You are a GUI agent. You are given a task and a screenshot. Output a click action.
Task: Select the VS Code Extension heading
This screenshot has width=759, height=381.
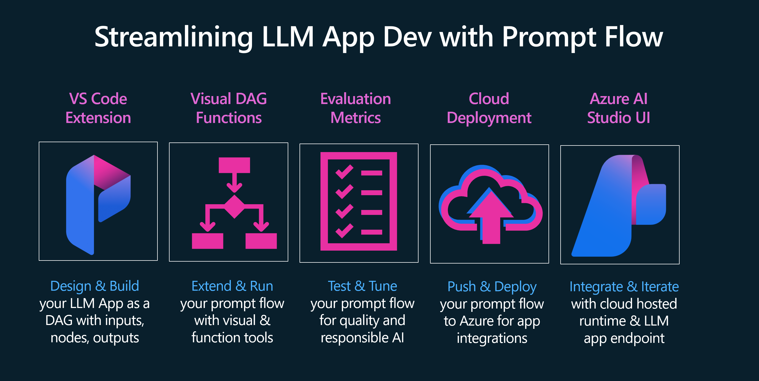coord(98,108)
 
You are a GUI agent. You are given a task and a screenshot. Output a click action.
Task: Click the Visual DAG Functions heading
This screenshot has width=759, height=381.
coord(229,108)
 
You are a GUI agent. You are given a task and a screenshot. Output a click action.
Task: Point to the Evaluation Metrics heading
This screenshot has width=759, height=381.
coord(356,108)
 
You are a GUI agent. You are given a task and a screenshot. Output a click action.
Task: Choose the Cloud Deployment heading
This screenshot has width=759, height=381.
coord(489,108)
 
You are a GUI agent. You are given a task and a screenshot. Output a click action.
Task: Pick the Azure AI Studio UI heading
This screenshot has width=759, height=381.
coord(619,108)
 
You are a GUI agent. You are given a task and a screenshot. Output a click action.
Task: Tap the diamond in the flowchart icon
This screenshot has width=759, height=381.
coord(234,206)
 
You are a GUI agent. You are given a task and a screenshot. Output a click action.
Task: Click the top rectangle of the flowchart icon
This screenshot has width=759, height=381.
coord(234,165)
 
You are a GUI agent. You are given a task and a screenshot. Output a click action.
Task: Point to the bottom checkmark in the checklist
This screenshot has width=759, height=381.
coord(344,231)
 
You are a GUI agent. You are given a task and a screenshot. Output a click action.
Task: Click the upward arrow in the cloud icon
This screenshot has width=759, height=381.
coord(491,218)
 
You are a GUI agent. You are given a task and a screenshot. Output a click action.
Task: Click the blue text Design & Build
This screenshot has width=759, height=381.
coord(95,286)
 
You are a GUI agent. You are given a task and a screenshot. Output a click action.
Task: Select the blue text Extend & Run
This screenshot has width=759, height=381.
coord(232,286)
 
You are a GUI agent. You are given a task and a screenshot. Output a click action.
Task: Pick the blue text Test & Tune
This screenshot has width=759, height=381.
coord(362,286)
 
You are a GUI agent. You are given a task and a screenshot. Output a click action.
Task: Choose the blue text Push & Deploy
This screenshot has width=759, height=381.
coord(492,287)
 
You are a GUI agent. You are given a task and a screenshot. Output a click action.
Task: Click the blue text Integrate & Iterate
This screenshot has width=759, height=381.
coord(624,287)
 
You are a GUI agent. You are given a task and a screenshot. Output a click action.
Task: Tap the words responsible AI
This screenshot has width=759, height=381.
coord(362,338)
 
